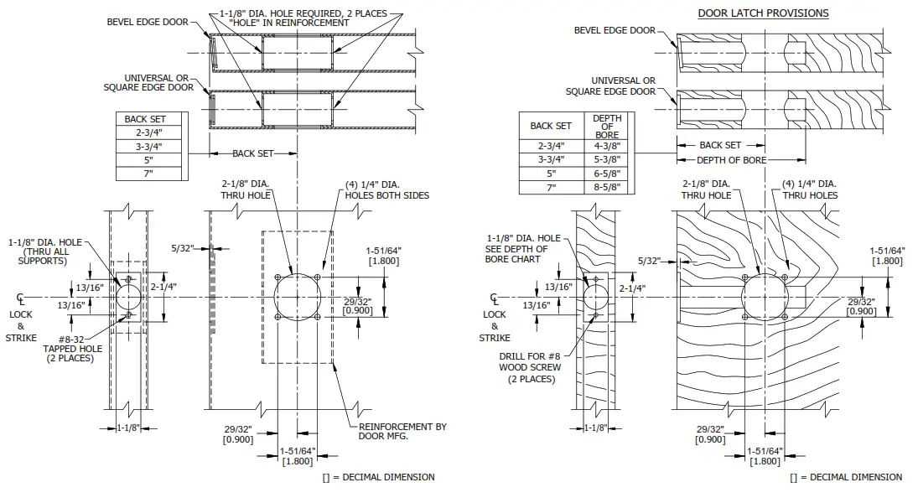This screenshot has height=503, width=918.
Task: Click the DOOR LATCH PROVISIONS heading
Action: pos(763,13)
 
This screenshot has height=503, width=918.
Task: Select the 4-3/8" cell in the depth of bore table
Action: pos(606,145)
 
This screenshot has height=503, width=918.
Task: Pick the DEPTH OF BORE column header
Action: pos(606,126)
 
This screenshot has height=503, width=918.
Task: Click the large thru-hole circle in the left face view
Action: pos(297,297)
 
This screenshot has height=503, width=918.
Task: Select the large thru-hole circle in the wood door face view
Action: pos(765,297)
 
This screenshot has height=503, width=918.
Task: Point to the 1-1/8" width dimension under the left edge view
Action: pos(127,428)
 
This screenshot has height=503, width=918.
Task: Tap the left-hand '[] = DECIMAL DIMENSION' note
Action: pos(378,477)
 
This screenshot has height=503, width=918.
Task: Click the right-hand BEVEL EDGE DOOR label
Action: pos(615,30)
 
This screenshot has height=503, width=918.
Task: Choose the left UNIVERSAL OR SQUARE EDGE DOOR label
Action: pos(148,82)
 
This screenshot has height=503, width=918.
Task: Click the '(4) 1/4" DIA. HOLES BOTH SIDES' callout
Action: pos(386,189)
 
